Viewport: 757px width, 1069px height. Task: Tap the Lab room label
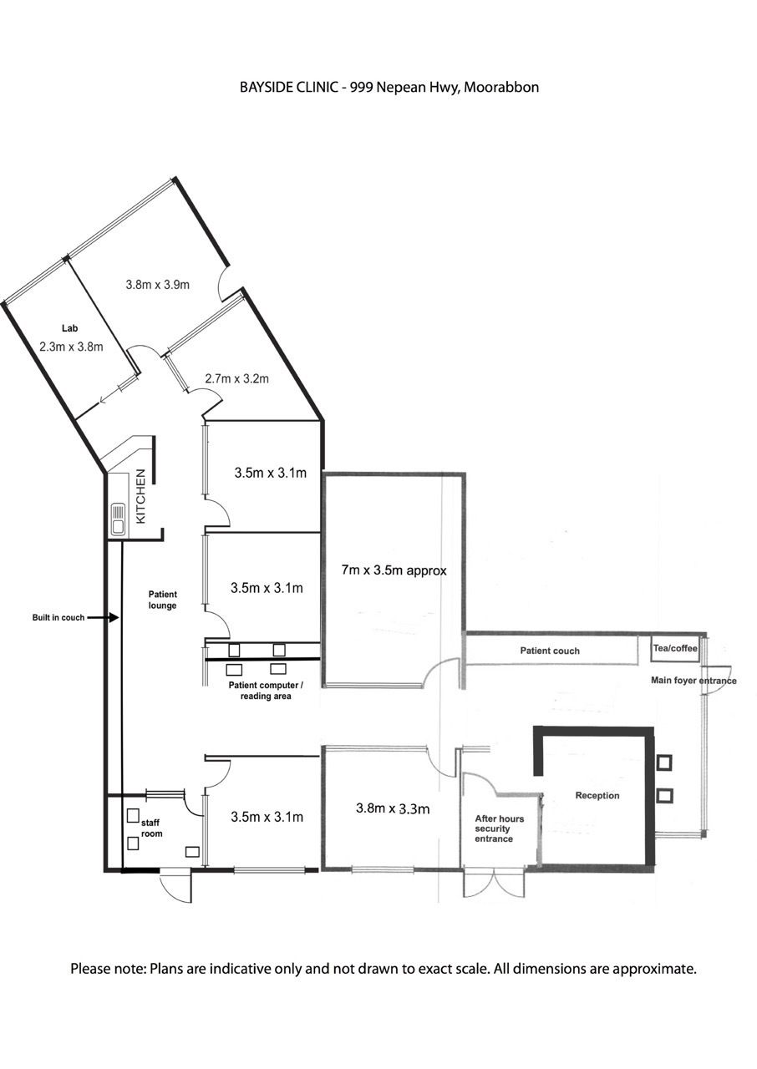point(69,328)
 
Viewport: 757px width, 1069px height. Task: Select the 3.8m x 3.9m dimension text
point(158,285)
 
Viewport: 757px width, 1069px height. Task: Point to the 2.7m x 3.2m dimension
point(236,379)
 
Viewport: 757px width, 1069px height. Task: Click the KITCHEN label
point(141,496)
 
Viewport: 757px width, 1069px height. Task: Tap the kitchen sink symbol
point(118,519)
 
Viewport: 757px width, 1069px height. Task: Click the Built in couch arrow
point(103,617)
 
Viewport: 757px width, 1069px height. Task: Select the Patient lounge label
point(162,600)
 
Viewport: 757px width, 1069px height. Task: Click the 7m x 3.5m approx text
point(394,570)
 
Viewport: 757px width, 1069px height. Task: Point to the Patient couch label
point(550,651)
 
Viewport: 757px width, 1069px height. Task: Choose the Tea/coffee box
point(675,649)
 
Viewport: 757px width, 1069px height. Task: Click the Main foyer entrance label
point(693,681)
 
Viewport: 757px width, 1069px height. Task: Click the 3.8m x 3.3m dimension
point(393,808)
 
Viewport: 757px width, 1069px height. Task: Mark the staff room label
point(151,828)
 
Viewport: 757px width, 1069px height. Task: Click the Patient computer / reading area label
point(266,691)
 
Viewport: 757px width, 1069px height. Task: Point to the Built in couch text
point(58,617)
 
